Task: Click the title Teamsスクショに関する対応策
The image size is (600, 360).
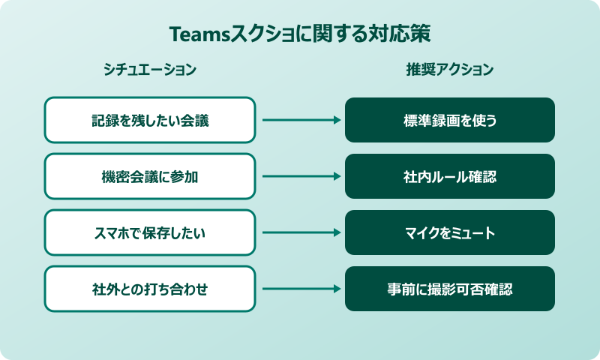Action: [x=300, y=35]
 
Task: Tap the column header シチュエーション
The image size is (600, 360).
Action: [x=150, y=70]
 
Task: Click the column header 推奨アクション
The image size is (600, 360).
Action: [x=450, y=70]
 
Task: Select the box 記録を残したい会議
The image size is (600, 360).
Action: [x=150, y=120]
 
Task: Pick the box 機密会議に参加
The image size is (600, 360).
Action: [x=150, y=176]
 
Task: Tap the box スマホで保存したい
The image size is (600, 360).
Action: [x=150, y=232]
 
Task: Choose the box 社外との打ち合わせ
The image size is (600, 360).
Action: [x=150, y=289]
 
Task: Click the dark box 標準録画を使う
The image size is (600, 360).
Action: [x=450, y=120]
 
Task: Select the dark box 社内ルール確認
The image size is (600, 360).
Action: [x=450, y=176]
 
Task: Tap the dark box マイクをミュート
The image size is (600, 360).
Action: [x=450, y=232]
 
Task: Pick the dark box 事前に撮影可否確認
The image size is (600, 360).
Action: [x=450, y=289]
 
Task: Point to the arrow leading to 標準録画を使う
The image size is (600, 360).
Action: [x=300, y=120]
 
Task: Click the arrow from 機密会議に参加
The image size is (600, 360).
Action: [x=300, y=176]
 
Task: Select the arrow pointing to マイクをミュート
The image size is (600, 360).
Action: [x=300, y=232]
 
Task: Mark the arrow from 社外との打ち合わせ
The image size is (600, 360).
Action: [x=300, y=289]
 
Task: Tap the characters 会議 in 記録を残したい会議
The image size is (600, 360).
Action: [x=196, y=120]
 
